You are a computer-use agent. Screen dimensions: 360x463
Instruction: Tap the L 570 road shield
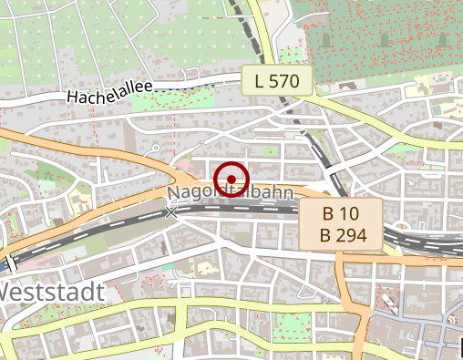277,81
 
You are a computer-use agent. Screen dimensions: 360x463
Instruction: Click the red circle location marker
232,179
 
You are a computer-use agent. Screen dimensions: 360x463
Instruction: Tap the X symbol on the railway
171,212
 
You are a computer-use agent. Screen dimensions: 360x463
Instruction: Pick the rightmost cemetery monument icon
443,39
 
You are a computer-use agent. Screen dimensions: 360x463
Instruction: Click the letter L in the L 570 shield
261,81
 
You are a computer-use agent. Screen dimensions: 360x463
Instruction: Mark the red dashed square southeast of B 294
389,300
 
